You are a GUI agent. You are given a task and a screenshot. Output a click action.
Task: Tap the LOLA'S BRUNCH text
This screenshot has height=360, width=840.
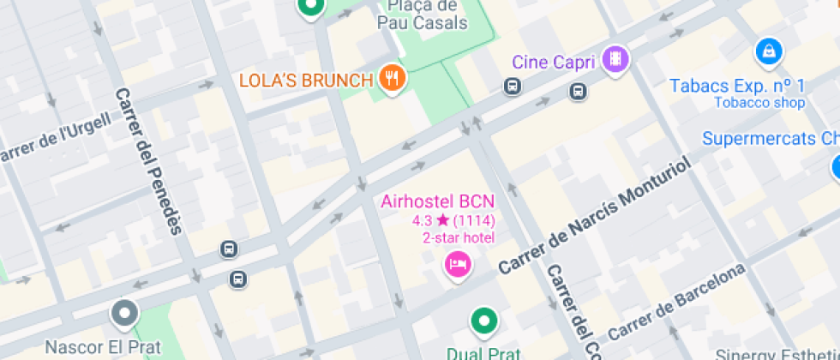[306, 81]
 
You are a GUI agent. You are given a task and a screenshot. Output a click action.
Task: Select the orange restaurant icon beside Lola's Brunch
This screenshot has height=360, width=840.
[393, 79]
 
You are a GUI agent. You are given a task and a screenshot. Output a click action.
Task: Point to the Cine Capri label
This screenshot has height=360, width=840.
[554, 61]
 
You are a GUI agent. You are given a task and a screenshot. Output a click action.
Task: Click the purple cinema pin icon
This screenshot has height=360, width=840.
[615, 59]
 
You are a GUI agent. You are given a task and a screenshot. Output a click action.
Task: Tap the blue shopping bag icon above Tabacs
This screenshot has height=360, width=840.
[769, 51]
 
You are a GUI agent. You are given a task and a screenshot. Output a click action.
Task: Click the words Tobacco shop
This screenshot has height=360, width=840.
[759, 103]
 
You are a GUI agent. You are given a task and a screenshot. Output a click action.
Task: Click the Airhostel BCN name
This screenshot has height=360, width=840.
[438, 202]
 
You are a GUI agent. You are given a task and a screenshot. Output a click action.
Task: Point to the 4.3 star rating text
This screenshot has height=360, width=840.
[453, 221]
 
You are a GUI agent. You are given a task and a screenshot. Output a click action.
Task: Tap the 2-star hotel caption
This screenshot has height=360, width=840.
[459, 237]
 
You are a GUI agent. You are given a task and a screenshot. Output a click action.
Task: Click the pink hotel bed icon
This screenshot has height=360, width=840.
[458, 264]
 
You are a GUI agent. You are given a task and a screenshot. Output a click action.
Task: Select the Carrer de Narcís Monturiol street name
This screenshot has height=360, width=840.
[594, 217]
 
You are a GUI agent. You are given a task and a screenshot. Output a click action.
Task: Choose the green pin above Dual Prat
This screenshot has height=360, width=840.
[484, 322]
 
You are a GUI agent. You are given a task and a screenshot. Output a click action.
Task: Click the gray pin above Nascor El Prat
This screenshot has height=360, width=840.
[124, 313]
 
